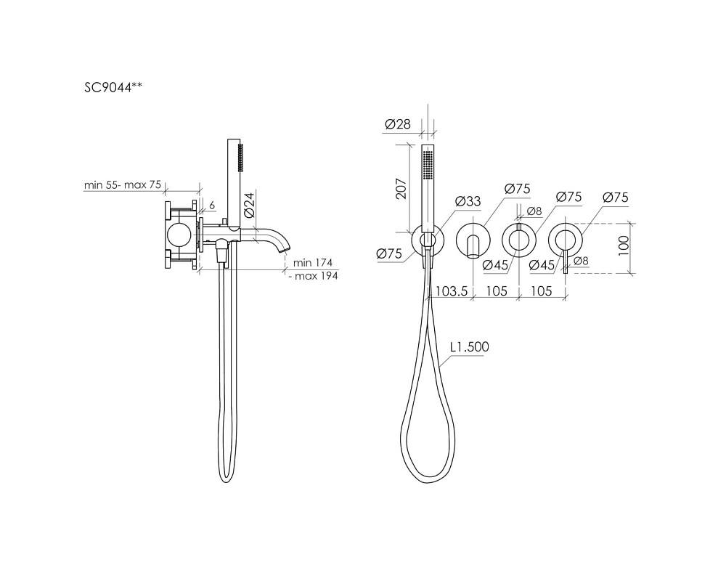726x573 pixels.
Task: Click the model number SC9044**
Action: [x=113, y=87]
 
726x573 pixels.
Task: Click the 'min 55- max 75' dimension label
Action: [x=122, y=184]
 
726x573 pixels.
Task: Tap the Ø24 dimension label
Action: [x=249, y=206]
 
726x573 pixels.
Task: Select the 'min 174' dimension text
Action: [x=312, y=263]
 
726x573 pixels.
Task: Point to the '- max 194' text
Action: [x=312, y=276]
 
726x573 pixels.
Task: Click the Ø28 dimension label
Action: [x=398, y=124]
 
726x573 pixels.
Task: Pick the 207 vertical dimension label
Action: [x=401, y=188]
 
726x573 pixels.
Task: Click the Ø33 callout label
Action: [x=468, y=201]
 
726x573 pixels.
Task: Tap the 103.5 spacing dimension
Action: [x=452, y=291]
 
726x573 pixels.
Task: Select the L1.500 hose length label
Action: [x=470, y=347]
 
